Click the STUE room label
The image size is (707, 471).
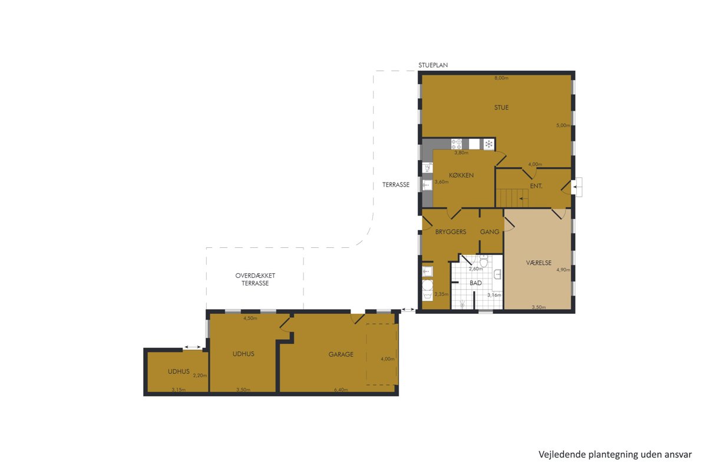coord(501,108)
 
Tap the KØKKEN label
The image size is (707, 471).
coord(461,175)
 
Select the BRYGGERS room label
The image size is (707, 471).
coord(450,232)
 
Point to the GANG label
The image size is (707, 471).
coord(490,232)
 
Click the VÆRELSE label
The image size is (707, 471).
coord(538,263)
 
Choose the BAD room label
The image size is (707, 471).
coord(475,283)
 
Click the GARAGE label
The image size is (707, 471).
coord(341,354)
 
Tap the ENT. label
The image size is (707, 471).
coord(536,186)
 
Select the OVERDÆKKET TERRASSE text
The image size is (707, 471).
coord(255,280)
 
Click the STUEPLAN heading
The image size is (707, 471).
coord(433,65)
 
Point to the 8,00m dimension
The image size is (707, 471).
coord(501,78)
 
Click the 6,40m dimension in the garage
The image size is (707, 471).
coord(341,390)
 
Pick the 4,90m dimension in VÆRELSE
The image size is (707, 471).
coord(563,270)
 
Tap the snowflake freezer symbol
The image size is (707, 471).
coord(488,144)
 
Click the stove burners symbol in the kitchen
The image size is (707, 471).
coord(457,144)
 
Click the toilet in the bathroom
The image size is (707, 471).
coord(484,261)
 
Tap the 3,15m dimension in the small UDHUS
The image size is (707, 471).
coord(179,390)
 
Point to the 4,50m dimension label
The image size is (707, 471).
coord(250,318)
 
